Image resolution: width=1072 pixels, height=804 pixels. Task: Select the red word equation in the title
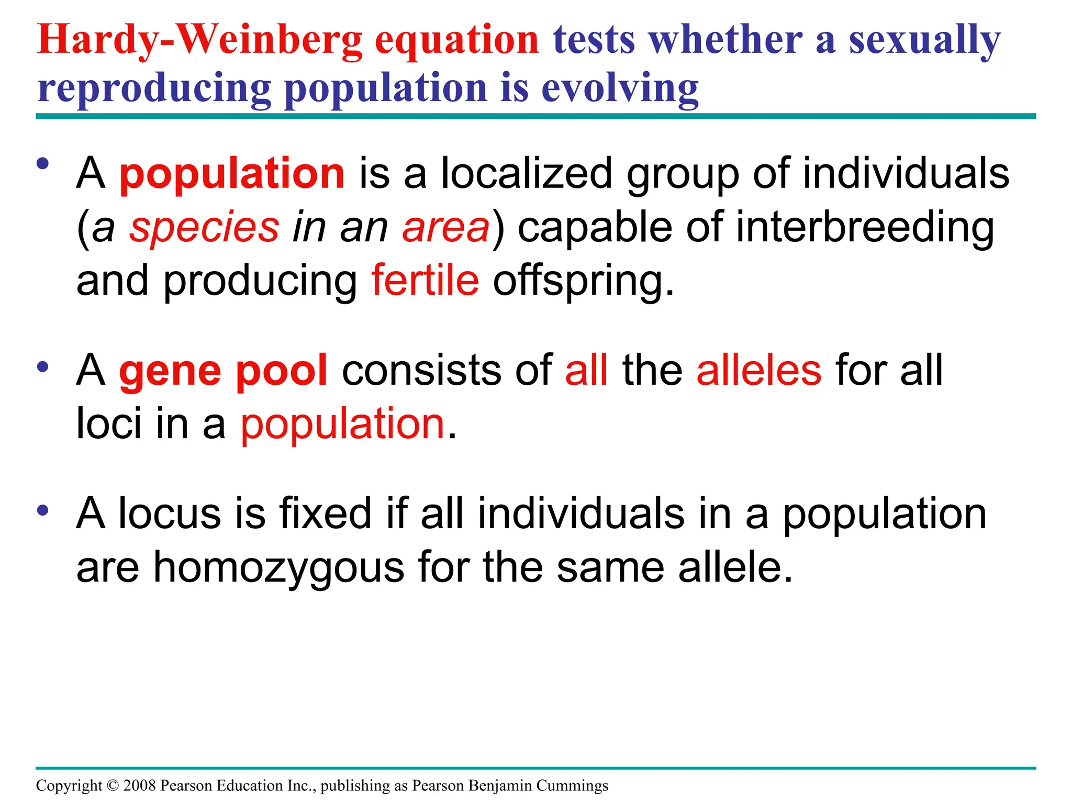pos(457,41)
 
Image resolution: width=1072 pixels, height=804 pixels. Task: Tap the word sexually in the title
pos(924,41)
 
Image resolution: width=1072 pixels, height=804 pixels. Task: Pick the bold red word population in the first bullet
pos(232,174)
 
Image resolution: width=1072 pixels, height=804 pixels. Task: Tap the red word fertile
pos(425,281)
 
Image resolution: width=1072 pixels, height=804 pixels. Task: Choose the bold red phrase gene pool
pos(224,371)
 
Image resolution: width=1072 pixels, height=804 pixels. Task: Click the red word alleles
pos(758,371)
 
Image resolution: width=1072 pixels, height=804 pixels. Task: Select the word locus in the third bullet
pos(170,513)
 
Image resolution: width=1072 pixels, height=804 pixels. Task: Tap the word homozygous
pos(279,567)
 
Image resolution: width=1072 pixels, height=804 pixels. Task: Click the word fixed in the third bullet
pos(326,513)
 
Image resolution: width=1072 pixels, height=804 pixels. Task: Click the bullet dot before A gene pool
pos(43,366)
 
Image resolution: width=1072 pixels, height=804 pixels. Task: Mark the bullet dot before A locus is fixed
pos(43,509)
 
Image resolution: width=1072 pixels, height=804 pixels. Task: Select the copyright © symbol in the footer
pos(113,786)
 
